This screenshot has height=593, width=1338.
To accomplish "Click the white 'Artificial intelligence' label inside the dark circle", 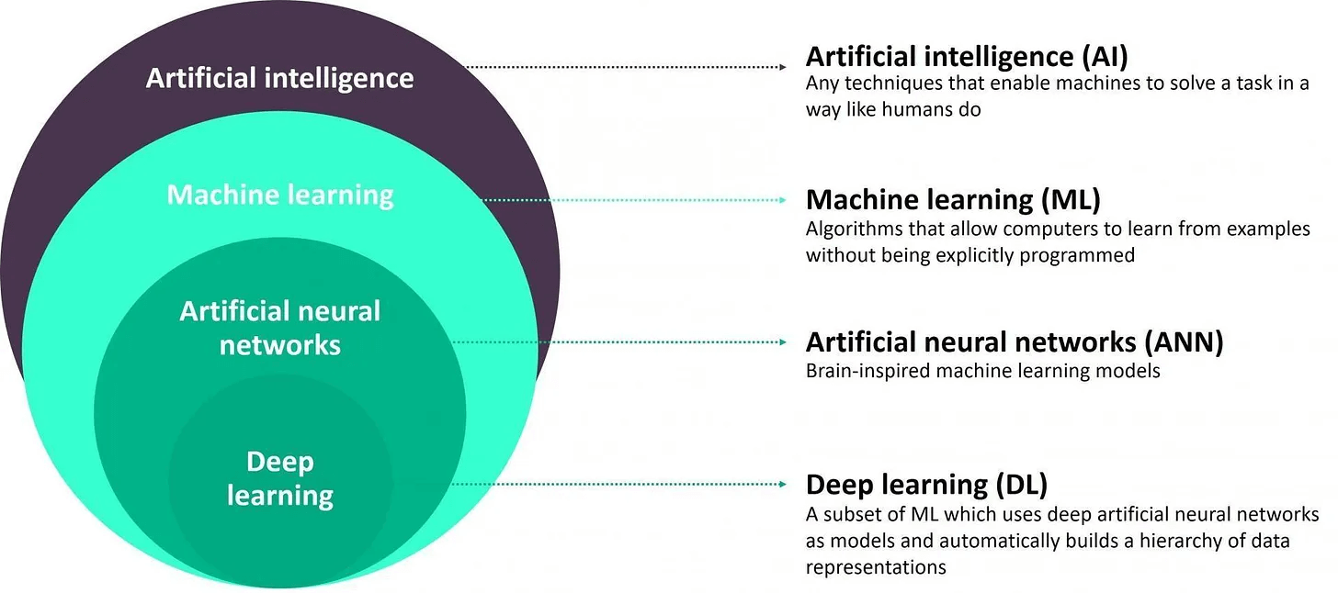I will (x=279, y=78).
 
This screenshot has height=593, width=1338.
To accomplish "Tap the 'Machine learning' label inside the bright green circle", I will (x=280, y=195).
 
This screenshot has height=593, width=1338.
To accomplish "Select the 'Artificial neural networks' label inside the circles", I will (x=280, y=328).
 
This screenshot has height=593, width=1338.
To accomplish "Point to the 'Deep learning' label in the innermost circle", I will (x=280, y=478).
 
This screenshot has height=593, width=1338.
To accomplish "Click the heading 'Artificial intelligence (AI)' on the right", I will (x=967, y=57).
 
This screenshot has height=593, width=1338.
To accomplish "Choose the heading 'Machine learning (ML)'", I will (x=953, y=199).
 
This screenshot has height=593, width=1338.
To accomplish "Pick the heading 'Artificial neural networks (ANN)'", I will (x=1015, y=342).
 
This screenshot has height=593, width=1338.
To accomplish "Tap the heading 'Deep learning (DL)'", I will (x=926, y=484).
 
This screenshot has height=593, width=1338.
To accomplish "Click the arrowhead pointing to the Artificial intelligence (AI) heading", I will (x=782, y=67).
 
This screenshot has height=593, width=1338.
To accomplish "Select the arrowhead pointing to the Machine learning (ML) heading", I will (x=782, y=199).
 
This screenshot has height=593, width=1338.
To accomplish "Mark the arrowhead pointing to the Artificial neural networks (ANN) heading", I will (x=782, y=342).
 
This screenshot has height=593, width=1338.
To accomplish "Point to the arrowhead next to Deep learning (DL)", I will (x=782, y=484).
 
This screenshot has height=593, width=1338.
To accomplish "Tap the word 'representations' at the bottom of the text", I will (x=876, y=567).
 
